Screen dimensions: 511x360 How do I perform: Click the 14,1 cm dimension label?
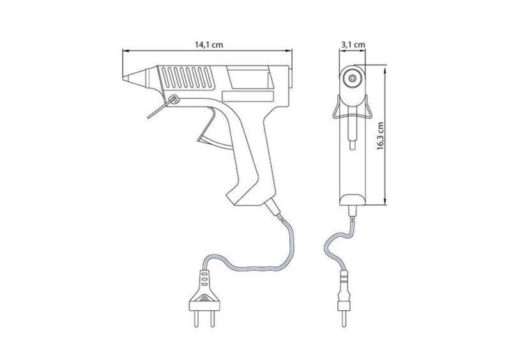click(210, 45)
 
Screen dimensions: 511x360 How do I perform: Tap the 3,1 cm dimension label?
click(353, 45)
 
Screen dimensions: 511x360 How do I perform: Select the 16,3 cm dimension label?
click(380, 136)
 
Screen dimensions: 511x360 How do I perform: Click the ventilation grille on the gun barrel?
click(187, 77)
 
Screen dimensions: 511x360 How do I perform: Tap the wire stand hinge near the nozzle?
click(174, 100)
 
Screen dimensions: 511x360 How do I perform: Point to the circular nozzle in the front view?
click(353, 78)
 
